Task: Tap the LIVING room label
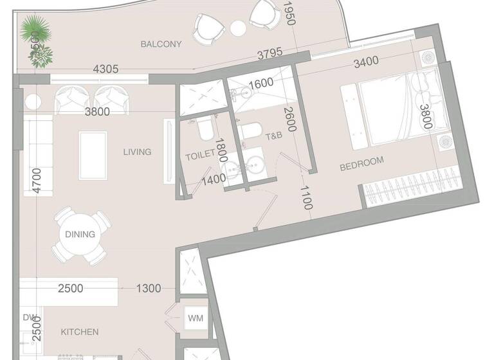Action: tap(138, 152)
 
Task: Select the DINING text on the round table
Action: tap(80, 235)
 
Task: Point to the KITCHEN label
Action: tap(80, 332)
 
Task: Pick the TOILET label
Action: tap(199, 156)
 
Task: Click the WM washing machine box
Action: tap(195, 318)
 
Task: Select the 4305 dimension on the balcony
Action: tap(105, 69)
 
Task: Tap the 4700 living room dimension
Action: tap(37, 180)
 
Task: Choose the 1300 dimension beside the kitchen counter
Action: tap(149, 289)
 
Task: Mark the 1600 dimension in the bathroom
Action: tap(261, 84)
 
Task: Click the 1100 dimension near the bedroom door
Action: tap(307, 197)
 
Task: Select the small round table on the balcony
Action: tap(238, 28)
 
